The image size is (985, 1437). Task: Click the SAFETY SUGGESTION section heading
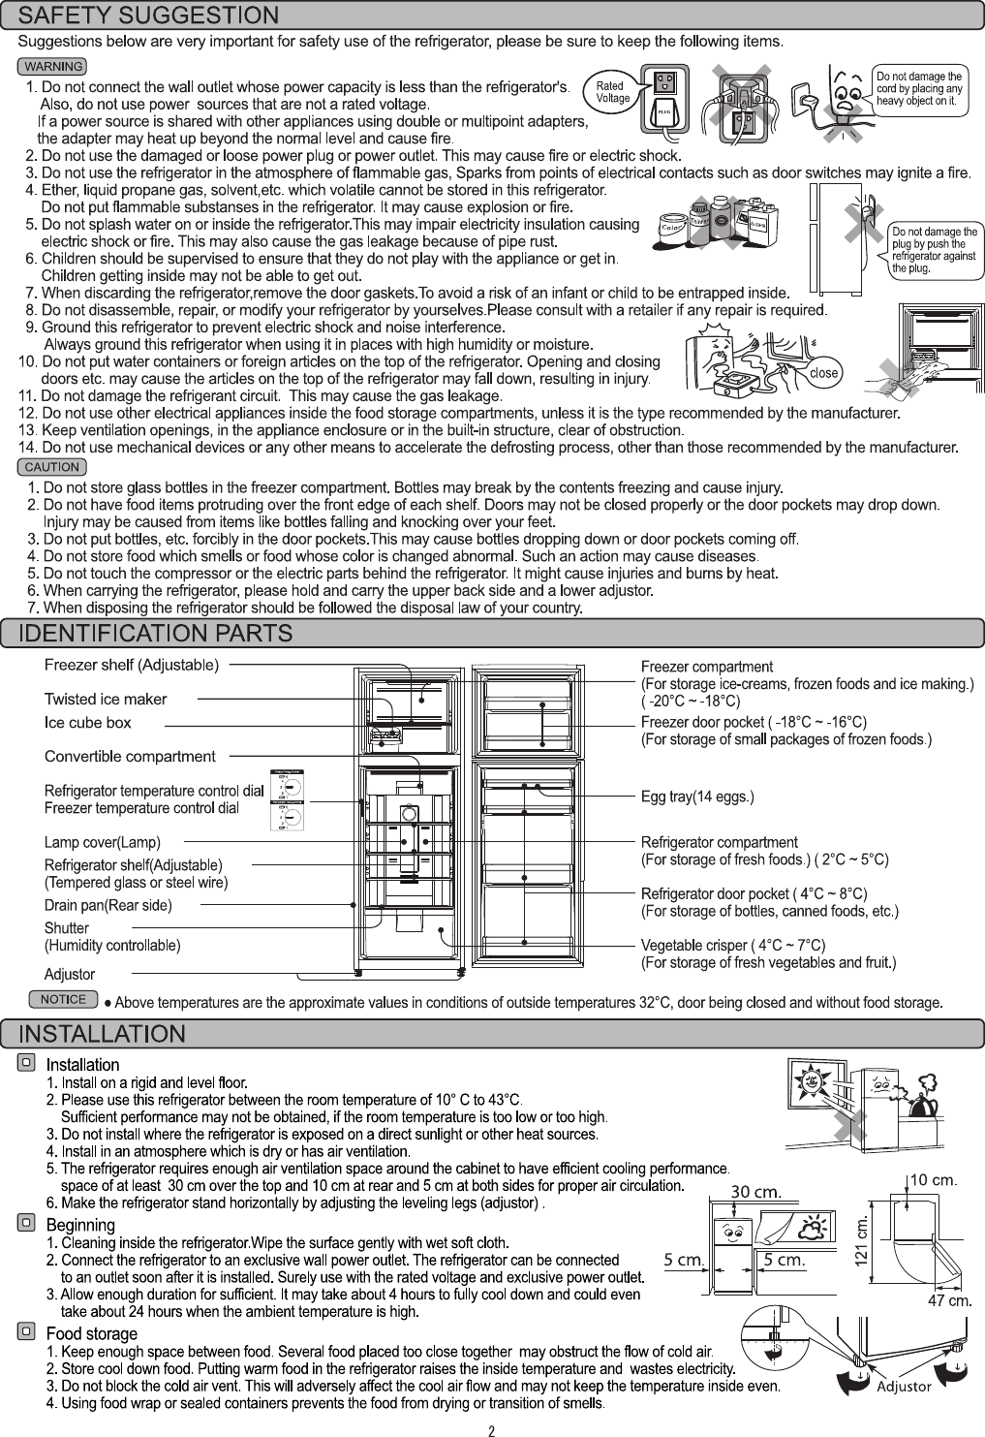click(x=150, y=16)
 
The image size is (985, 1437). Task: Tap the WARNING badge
click(x=53, y=67)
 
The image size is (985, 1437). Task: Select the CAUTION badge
click(x=53, y=467)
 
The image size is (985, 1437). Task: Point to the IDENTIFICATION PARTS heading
click(x=157, y=635)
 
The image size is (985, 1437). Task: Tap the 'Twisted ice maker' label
click(x=106, y=699)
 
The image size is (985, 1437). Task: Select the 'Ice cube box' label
click(x=88, y=723)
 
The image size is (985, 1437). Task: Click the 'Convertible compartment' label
click(x=130, y=756)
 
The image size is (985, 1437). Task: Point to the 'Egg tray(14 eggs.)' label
click(x=697, y=797)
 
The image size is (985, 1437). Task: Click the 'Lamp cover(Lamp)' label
click(x=103, y=842)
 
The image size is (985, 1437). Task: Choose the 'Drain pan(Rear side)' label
click(x=108, y=906)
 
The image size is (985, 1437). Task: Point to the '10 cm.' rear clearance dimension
click(x=934, y=1180)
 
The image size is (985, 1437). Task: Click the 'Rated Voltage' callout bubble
click(x=612, y=91)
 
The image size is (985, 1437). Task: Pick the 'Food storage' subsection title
click(x=92, y=1333)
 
